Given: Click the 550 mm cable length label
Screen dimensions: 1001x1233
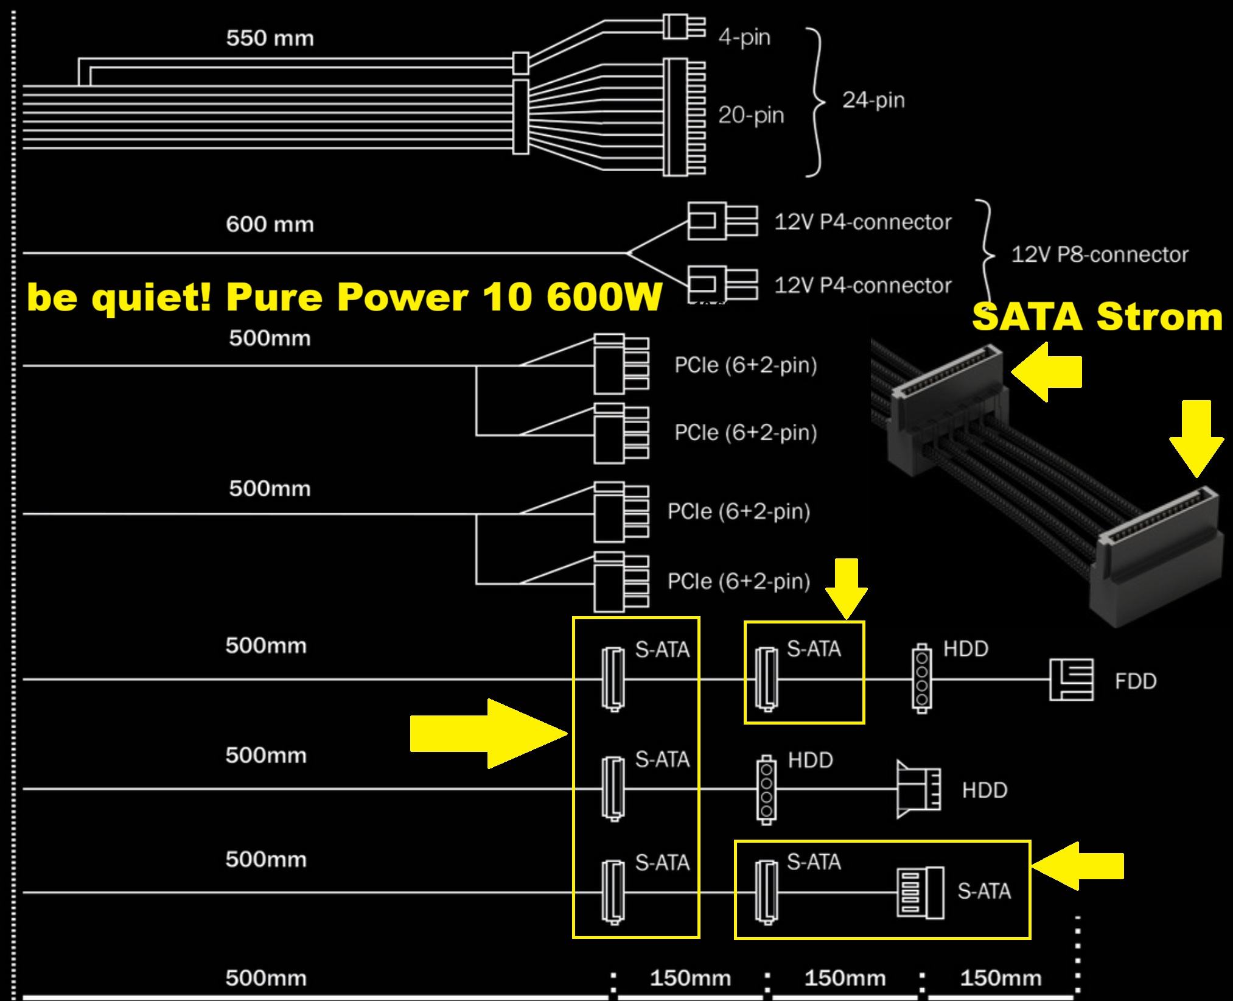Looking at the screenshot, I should pyautogui.click(x=270, y=38).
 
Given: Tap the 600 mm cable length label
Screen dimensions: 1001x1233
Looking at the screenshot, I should pyautogui.click(x=270, y=224).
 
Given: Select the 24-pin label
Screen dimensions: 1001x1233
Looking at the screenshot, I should pyautogui.click(x=873, y=100).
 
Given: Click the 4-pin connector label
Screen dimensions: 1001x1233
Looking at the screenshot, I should pyautogui.click(x=744, y=37).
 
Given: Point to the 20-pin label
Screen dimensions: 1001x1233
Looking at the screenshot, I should pyautogui.click(x=750, y=115).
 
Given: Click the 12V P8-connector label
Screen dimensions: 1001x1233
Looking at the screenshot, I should pyautogui.click(x=1099, y=255).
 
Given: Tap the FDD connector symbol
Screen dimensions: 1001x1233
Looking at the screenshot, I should pyautogui.click(x=1071, y=679).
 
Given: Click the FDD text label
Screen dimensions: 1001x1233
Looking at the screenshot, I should pyautogui.click(x=1135, y=681).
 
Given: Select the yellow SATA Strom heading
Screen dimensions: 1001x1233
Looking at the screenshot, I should pyautogui.click(x=1097, y=317).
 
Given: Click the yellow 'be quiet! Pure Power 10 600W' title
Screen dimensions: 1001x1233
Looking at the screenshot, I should pyautogui.click(x=344, y=298).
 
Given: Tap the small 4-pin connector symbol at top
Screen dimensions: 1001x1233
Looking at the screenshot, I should pyautogui.click(x=684, y=27).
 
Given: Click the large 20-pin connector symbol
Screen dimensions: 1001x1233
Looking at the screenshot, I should pyautogui.click(x=683, y=117).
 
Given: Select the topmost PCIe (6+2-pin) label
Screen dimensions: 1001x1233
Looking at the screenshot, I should pyautogui.click(x=746, y=365).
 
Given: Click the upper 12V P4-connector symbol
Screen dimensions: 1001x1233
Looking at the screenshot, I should pyautogui.click(x=722, y=220).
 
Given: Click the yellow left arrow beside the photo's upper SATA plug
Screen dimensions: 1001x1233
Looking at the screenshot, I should pyautogui.click(x=1047, y=371).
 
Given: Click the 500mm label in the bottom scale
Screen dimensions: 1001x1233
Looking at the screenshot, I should pyautogui.click(x=266, y=978).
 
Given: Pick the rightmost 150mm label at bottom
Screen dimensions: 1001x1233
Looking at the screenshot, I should pyautogui.click(x=1001, y=978).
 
